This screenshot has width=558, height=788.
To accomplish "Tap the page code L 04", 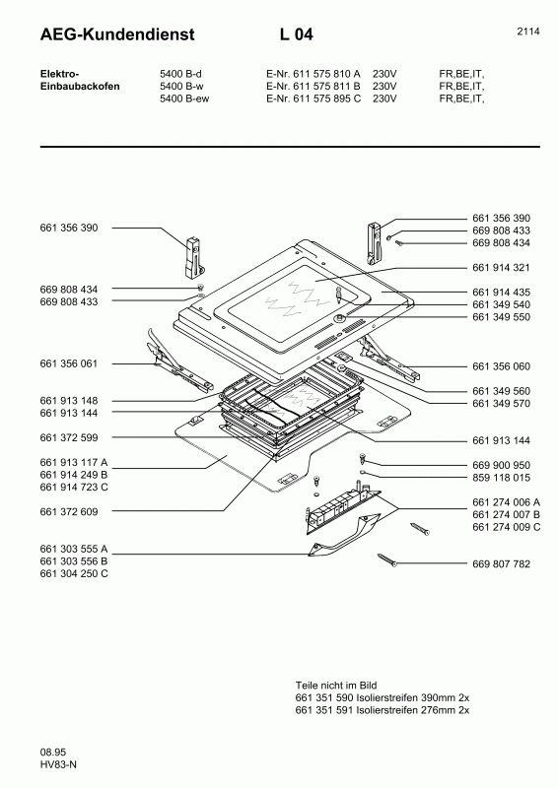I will coord(296,35).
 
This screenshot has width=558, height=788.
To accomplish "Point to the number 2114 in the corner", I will coord(527,32).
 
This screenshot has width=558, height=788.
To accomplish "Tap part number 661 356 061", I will coord(69,363).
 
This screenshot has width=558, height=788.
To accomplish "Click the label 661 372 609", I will coord(69,511).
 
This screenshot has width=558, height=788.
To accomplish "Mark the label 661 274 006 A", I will coord(506,503).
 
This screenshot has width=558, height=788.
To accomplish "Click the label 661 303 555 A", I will coord(74,549).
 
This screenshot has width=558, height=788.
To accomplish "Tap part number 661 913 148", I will coord(69,401).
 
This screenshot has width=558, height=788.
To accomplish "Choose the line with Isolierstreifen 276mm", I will coord(383,709).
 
